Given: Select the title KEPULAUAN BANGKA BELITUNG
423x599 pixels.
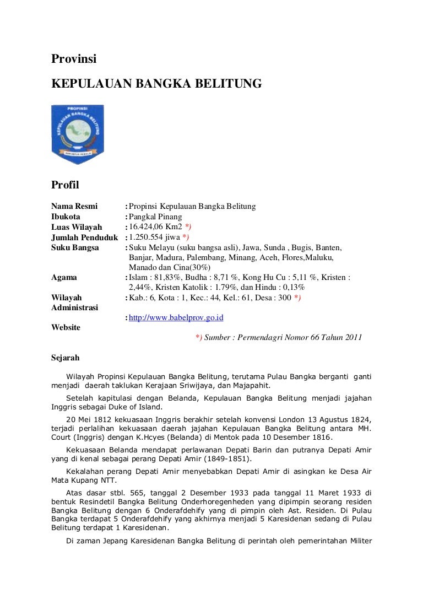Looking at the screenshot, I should click(x=155, y=83).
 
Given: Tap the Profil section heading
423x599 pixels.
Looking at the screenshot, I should click(x=66, y=185).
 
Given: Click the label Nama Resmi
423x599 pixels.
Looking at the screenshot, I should click(x=74, y=206).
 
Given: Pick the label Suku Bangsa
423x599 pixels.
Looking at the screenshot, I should click(x=75, y=248).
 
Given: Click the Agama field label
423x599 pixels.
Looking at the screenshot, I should click(x=64, y=277).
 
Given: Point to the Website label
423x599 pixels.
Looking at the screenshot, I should click(x=66, y=327).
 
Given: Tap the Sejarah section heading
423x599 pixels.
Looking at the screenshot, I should click(x=65, y=357).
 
